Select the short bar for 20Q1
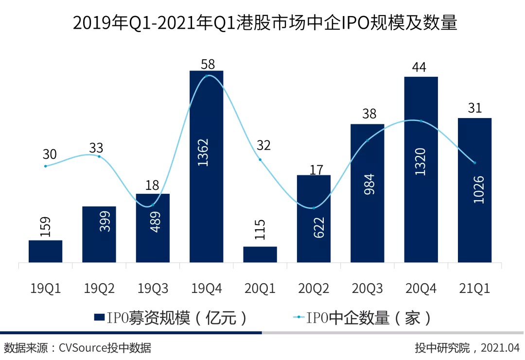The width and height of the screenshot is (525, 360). [260, 254]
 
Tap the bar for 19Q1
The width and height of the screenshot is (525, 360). [46, 251]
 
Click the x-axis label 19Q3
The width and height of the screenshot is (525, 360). [153, 289]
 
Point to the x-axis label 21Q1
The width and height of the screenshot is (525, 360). [474, 289]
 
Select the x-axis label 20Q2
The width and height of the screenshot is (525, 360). [314, 289]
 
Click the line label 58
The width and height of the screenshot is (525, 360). [207, 64]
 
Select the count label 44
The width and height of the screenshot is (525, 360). [419, 67]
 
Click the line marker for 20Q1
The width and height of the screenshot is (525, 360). [260, 159]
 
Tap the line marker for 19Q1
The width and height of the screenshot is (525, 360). [46, 166]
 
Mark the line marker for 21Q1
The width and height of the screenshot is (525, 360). [474, 163]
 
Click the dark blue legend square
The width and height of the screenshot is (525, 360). [100, 317]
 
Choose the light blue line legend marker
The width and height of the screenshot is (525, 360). [297, 317]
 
